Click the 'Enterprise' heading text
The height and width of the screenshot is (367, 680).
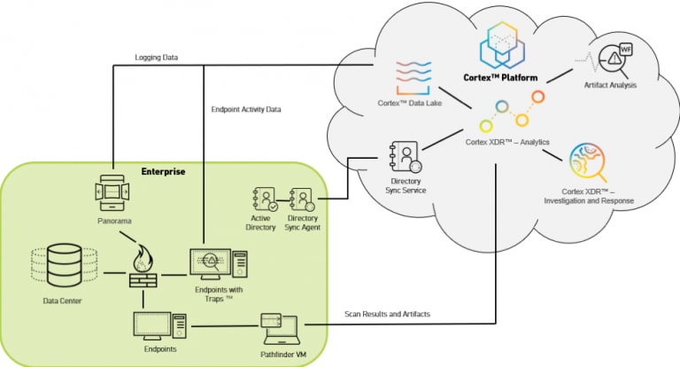pyautogui.click(x=164, y=170)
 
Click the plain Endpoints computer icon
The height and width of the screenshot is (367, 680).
pyautogui.click(x=159, y=326)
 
